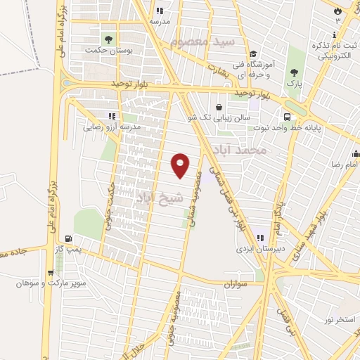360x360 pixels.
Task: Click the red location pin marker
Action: coord(181,165)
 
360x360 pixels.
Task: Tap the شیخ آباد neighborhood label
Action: coord(160,197)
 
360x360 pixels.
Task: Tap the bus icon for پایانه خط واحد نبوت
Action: coord(288,117)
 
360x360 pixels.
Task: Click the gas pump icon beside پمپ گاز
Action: coord(67,238)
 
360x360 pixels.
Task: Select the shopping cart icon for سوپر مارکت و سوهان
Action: coord(51,273)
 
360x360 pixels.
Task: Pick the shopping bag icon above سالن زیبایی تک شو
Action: coord(220,108)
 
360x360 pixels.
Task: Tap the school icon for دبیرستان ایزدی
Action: coord(260,238)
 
